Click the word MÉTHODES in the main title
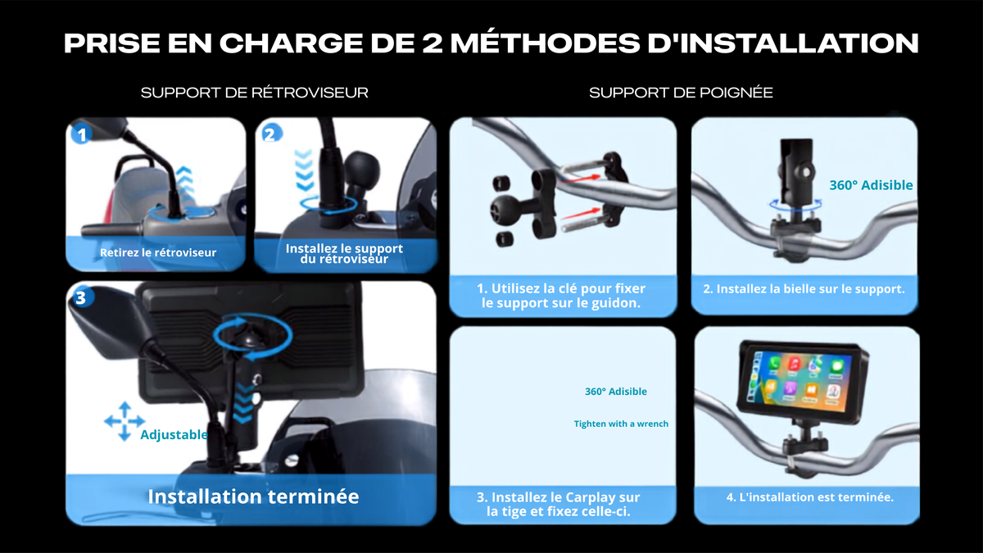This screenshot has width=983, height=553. (545, 43)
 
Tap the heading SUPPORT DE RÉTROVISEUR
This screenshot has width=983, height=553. (255, 93)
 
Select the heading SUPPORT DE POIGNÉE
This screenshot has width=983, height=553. (681, 93)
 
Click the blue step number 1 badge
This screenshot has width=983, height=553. (82, 134)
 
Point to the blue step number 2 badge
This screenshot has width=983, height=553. (271, 134)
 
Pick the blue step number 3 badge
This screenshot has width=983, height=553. (82, 297)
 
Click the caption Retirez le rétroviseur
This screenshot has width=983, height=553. (158, 252)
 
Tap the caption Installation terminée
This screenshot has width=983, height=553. (253, 496)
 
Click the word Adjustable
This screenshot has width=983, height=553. (174, 434)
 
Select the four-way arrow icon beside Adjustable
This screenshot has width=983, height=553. (125, 421)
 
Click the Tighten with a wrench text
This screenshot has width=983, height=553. (621, 424)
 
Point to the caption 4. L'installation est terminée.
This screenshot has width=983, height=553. (809, 496)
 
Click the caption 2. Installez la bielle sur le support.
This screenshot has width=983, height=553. (804, 288)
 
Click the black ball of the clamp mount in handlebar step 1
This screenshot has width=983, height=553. (503, 210)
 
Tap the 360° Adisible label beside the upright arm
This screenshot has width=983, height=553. (871, 185)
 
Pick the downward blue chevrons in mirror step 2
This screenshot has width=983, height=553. (304, 170)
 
